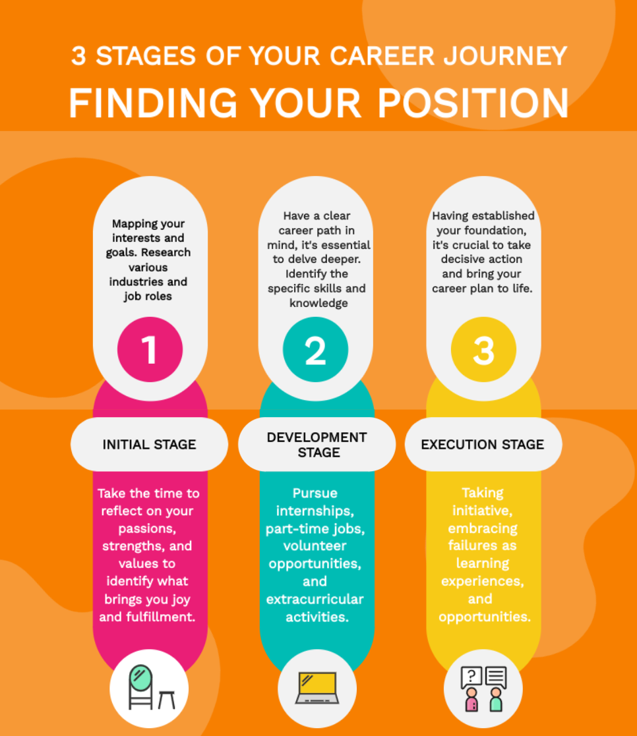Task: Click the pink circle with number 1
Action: coord(150,350)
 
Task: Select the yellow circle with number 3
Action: coord(483,350)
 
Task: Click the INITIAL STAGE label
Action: coord(149,444)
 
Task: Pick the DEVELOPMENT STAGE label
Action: coord(317,445)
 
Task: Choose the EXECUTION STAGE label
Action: coord(483,444)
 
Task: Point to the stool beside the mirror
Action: coord(166,698)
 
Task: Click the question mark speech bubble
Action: coord(471,676)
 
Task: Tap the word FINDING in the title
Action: coord(152,103)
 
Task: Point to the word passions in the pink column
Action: coord(149,528)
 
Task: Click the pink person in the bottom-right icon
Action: coord(471,701)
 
